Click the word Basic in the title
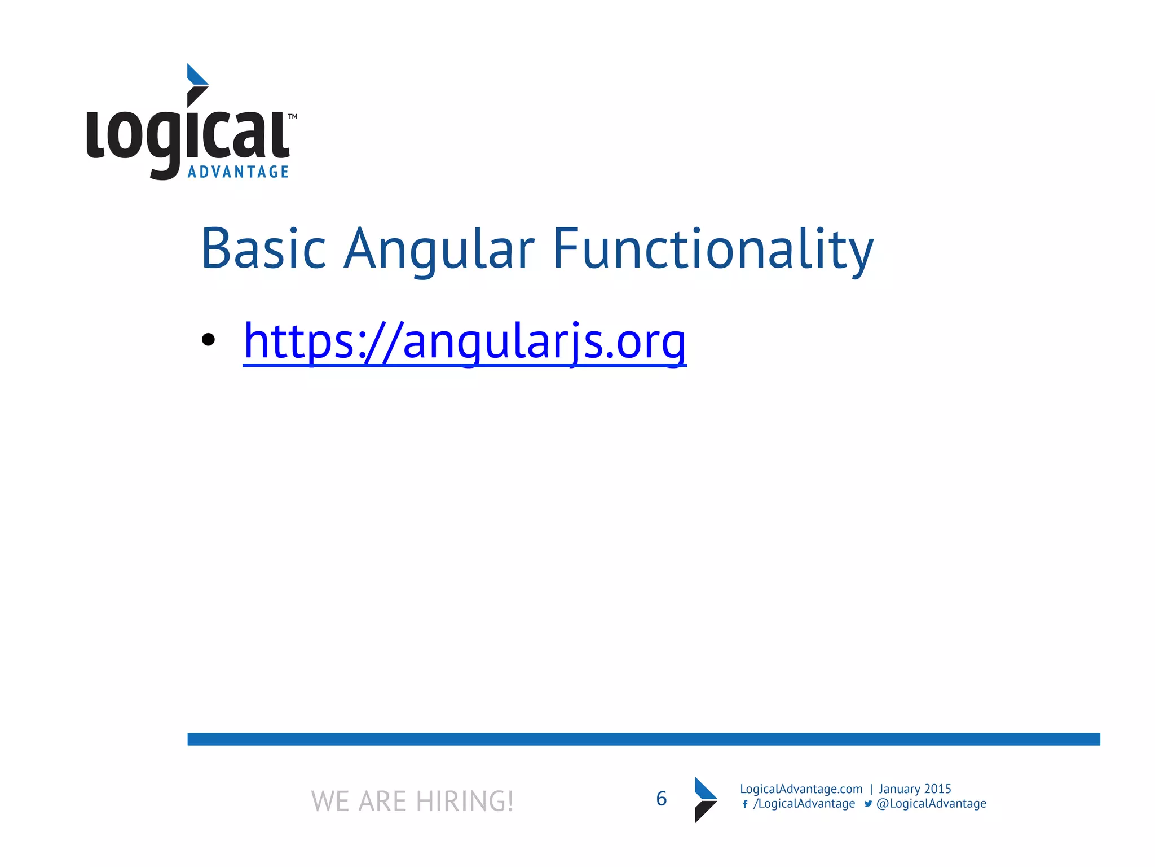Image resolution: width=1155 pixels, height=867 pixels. (263, 249)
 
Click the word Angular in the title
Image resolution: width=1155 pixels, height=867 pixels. (439, 249)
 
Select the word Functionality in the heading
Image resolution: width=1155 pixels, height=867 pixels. (713, 249)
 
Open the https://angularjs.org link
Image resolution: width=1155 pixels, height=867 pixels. (464, 341)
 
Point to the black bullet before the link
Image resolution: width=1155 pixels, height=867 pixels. (208, 340)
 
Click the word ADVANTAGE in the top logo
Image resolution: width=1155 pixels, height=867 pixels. (238, 172)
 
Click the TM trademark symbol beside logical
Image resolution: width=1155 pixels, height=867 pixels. (293, 117)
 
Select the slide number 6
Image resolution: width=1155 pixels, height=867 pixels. (661, 799)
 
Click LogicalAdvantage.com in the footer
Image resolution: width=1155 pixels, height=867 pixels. (801, 789)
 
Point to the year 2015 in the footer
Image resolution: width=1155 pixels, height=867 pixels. (937, 789)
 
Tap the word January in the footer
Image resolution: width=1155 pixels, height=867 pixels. (899, 789)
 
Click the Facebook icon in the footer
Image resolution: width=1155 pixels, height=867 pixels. (745, 804)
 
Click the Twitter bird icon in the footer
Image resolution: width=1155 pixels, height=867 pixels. (868, 804)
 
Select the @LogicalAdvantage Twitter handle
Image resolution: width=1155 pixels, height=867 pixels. (931, 804)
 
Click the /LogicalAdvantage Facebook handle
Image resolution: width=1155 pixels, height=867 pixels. (804, 804)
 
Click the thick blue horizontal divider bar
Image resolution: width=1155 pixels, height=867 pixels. (643, 739)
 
